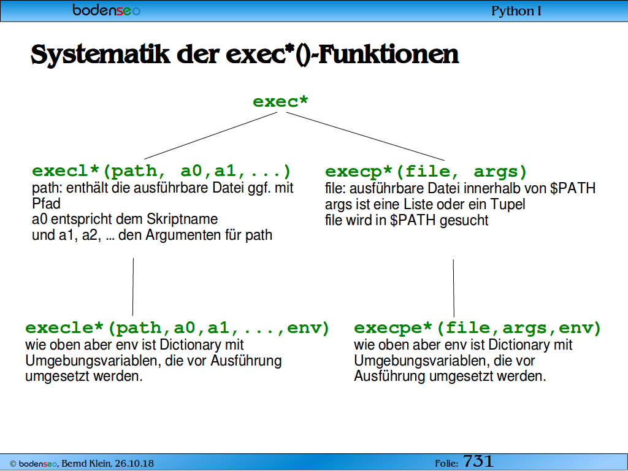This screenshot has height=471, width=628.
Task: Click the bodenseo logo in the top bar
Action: pyautogui.click(x=106, y=10)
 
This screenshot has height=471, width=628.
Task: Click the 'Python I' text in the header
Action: pyautogui.click(x=516, y=11)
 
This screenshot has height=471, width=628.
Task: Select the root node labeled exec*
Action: pyautogui.click(x=280, y=101)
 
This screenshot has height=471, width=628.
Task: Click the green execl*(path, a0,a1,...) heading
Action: pyautogui.click(x=161, y=171)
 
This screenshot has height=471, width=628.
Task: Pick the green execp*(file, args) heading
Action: pyautogui.click(x=426, y=172)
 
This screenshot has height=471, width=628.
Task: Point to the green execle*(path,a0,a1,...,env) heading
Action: pyautogui.click(x=177, y=328)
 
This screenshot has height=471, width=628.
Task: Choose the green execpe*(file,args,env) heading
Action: pyautogui.click(x=478, y=328)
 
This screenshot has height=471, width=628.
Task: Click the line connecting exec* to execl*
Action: pyautogui.click(x=211, y=136)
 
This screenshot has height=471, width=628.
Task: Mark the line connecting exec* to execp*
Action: pyautogui.click(x=366, y=136)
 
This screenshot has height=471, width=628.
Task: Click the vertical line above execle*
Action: pyautogui.click(x=133, y=287)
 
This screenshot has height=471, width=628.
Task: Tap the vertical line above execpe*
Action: pyautogui.click(x=454, y=288)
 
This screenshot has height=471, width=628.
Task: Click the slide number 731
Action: pyautogui.click(x=478, y=462)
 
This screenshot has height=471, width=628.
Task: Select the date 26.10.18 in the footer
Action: pyautogui.click(x=134, y=464)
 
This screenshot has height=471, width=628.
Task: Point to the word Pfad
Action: pyautogui.click(x=46, y=204)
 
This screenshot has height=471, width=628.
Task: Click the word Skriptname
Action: pyautogui.click(x=182, y=220)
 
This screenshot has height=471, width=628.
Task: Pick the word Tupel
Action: pyautogui.click(x=508, y=205)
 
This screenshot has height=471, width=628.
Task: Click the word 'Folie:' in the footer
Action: pyautogui.click(x=446, y=464)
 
